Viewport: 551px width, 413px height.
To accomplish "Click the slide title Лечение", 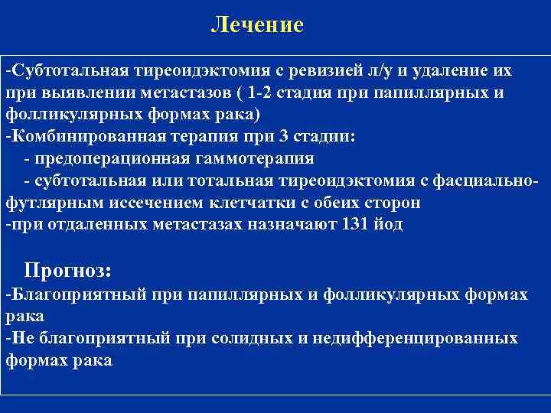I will click(x=257, y=24).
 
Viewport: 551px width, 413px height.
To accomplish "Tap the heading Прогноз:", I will click(x=68, y=270).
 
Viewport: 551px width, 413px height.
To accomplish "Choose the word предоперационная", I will click(x=112, y=159).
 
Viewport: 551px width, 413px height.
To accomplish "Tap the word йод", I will click(x=386, y=225).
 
